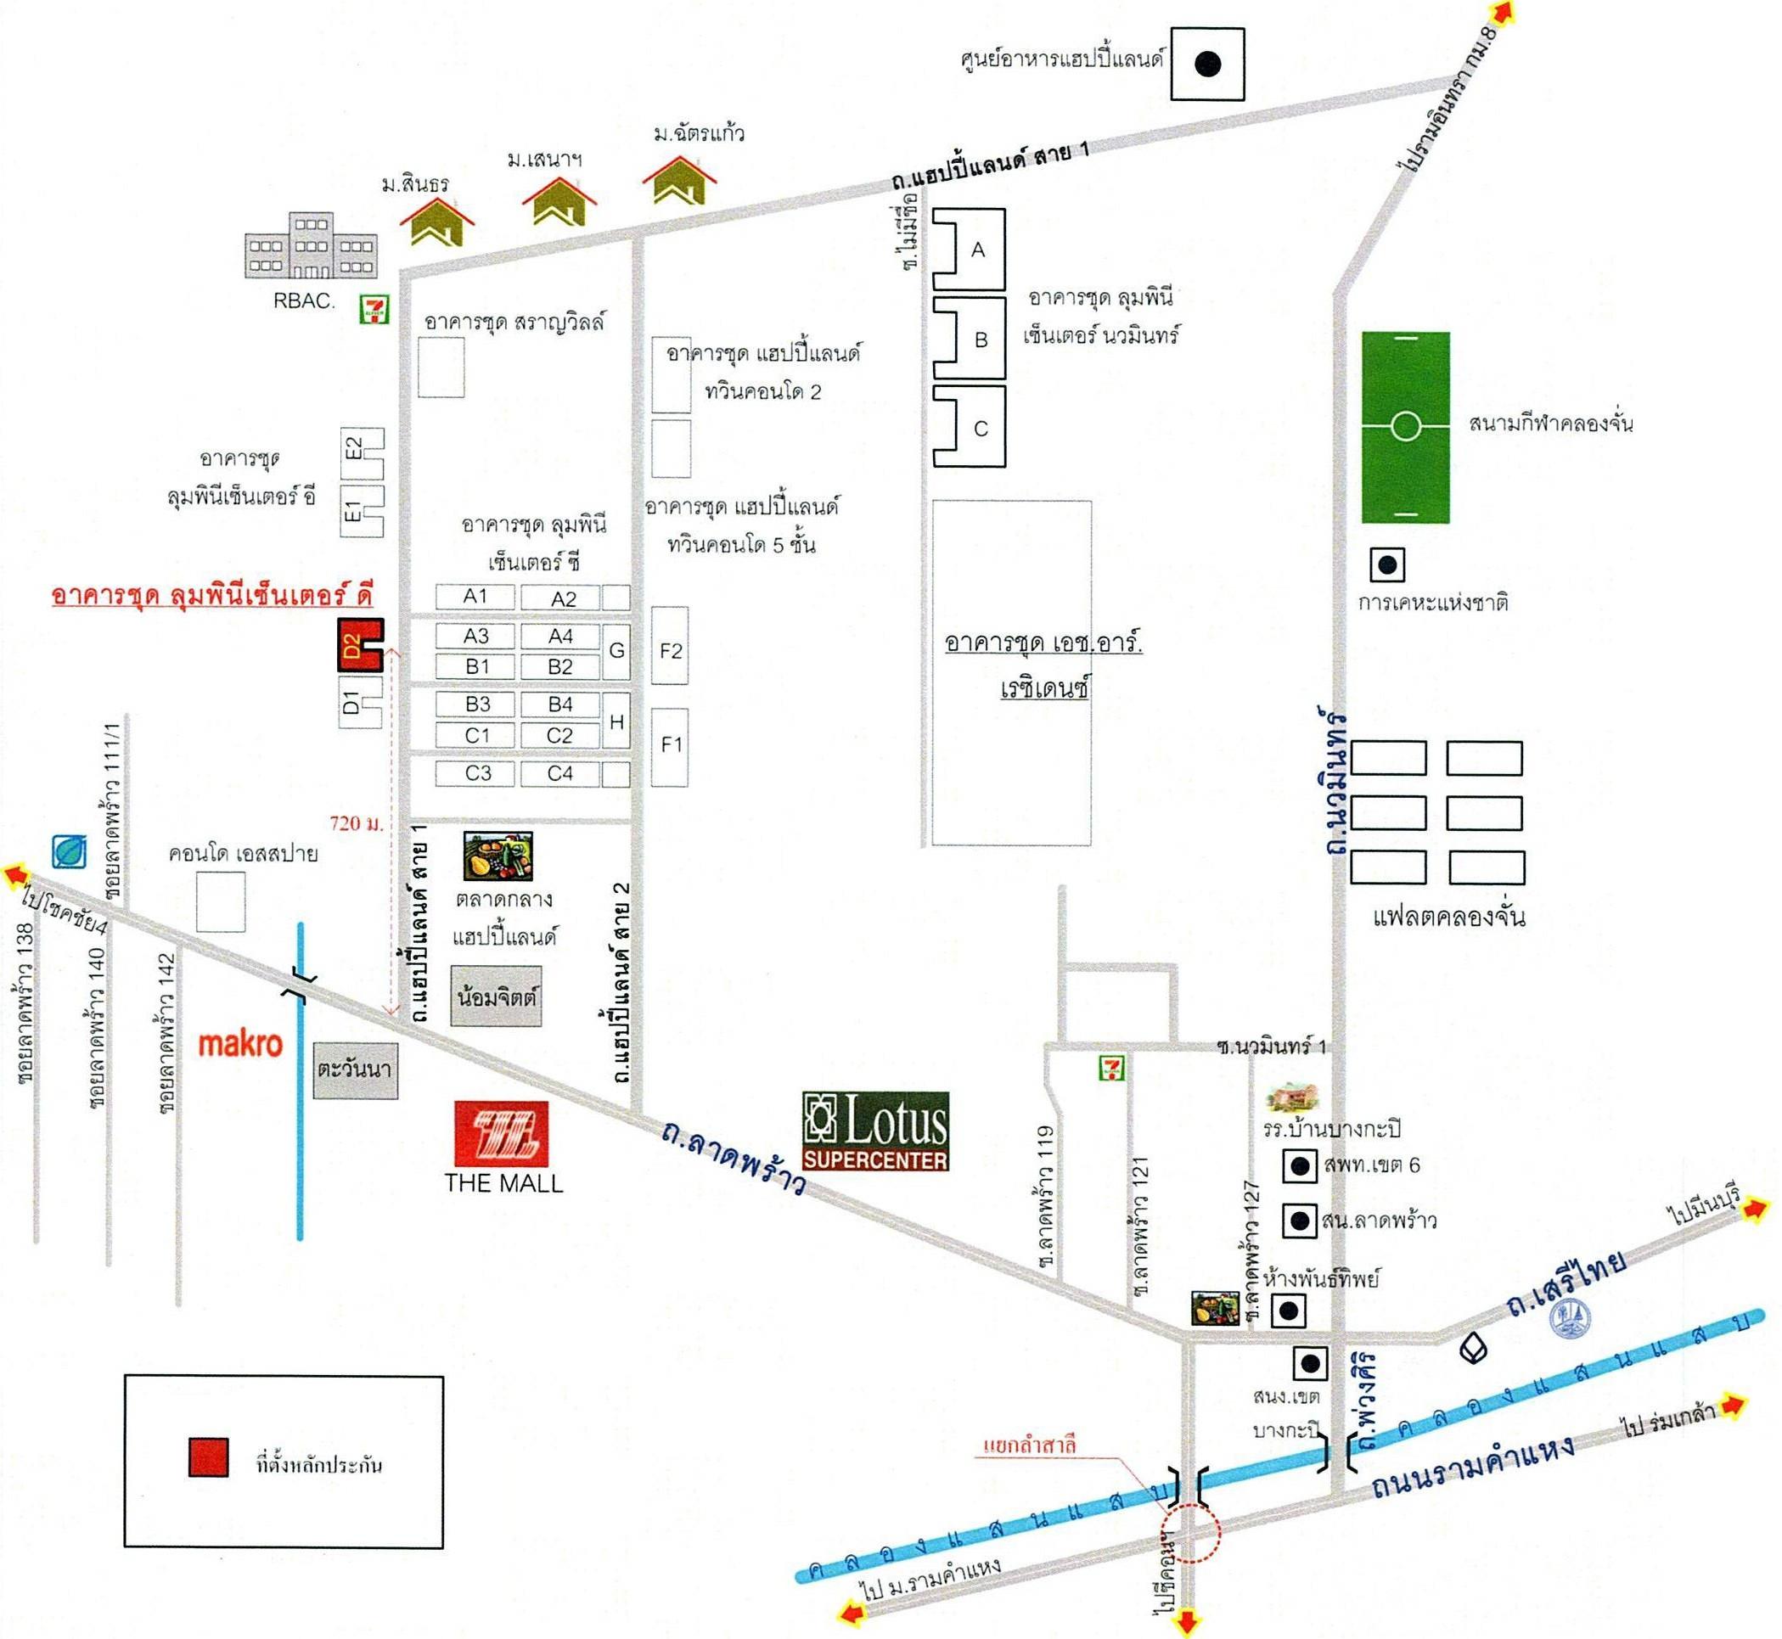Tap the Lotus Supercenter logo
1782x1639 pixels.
tap(874, 1131)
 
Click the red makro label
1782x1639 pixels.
tap(239, 1043)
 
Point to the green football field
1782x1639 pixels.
tap(1405, 427)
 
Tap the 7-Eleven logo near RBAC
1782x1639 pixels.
tap(374, 309)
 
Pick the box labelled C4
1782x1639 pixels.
tap(559, 773)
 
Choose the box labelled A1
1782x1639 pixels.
tap(475, 596)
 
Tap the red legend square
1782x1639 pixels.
tap(209, 1457)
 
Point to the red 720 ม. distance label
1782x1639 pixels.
tap(357, 823)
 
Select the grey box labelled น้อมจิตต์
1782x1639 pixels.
tap(496, 996)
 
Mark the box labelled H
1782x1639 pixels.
tap(616, 721)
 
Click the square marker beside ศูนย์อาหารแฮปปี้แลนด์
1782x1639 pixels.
tap(1206, 64)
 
